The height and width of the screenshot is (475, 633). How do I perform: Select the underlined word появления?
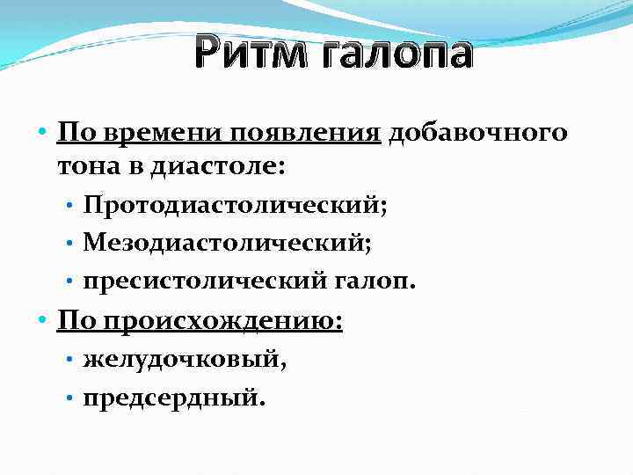305,133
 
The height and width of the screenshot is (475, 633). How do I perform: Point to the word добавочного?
477,133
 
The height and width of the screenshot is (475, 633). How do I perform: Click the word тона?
89,165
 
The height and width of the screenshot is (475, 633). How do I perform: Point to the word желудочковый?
186,360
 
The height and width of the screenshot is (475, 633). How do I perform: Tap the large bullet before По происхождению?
43,320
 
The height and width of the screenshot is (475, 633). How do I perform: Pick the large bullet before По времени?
43,134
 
